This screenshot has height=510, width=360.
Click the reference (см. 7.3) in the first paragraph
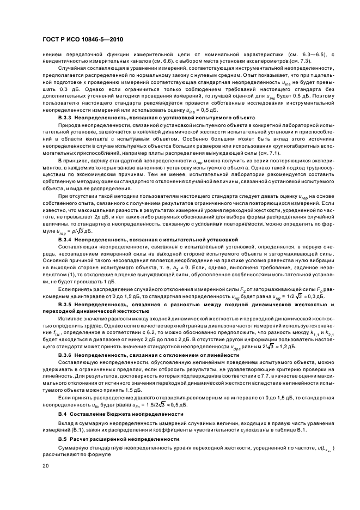301,60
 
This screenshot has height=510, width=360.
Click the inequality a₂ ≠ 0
184,269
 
